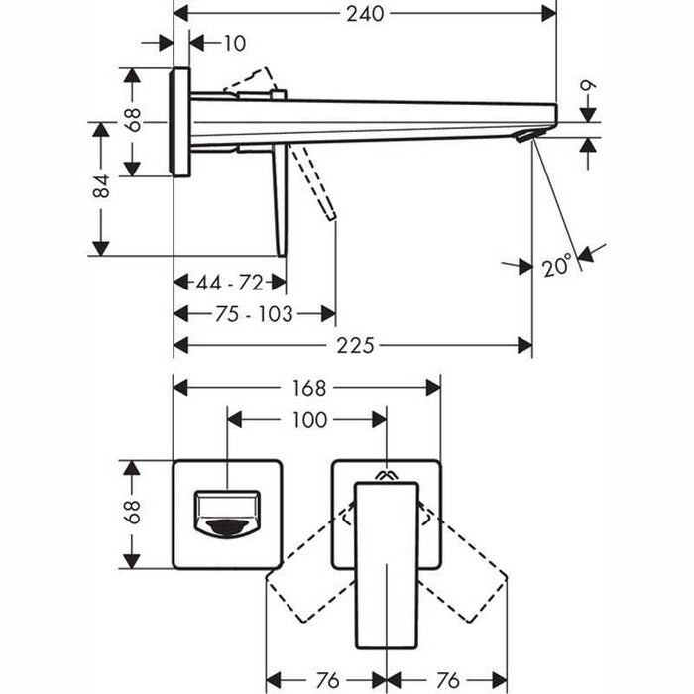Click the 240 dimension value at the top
pos(364,14)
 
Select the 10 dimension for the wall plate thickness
pos(234,43)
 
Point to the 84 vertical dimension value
pos(101,187)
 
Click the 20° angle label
pos(556,265)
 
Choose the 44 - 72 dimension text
pos(229,283)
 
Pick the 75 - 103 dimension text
pos(254,314)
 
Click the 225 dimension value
pos(354,346)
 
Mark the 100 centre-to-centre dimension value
pos(308,420)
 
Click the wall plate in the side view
pos(180,122)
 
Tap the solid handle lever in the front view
pos(387,565)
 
